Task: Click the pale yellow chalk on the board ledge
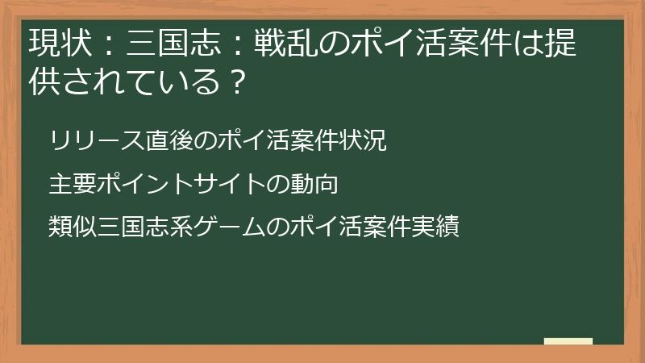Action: (x=568, y=341)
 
